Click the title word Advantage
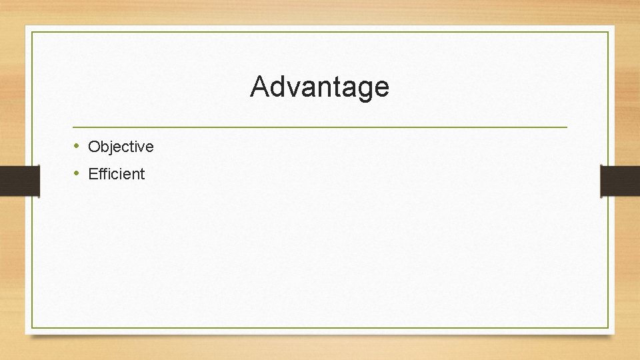[x=319, y=87]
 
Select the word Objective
[x=121, y=147]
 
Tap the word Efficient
[x=116, y=174]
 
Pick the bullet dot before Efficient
[x=77, y=173]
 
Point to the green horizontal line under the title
[x=320, y=127]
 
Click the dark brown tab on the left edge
[x=19, y=181]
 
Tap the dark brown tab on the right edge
[x=620, y=181]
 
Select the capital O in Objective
[x=93, y=147]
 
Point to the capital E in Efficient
[x=92, y=174]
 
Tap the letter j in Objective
[x=113, y=147]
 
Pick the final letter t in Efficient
[x=141, y=174]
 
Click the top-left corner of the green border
[x=32, y=32]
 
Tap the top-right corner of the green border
[x=609, y=32]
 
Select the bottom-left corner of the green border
[x=32, y=327]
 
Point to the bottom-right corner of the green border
[x=609, y=327]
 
